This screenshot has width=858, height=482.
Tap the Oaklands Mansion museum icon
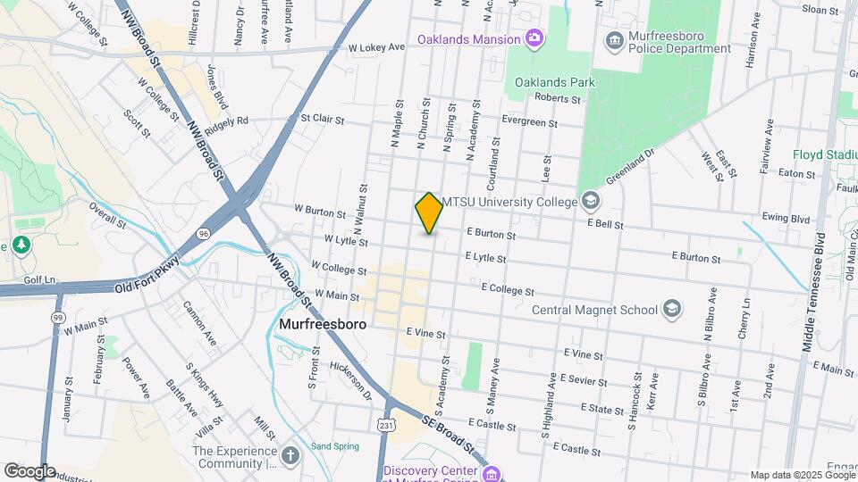pos(534,38)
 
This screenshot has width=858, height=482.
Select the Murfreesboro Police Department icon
pos(614,39)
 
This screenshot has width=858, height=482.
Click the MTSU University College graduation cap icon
pos(590,202)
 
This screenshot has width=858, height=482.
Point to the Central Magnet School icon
pos(671,310)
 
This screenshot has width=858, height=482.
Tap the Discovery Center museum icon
pos(492,473)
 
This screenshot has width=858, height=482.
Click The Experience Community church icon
pos(290,457)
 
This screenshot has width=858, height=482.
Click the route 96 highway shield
pos(205,233)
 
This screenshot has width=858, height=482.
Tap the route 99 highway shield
pos(59,317)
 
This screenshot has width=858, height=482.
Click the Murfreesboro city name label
pos(323,325)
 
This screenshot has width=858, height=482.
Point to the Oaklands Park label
pos(554,82)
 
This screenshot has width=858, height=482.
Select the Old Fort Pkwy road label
pos(147,276)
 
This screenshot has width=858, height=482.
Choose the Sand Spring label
pos(334,446)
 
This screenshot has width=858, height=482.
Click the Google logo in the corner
pos(29,471)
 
